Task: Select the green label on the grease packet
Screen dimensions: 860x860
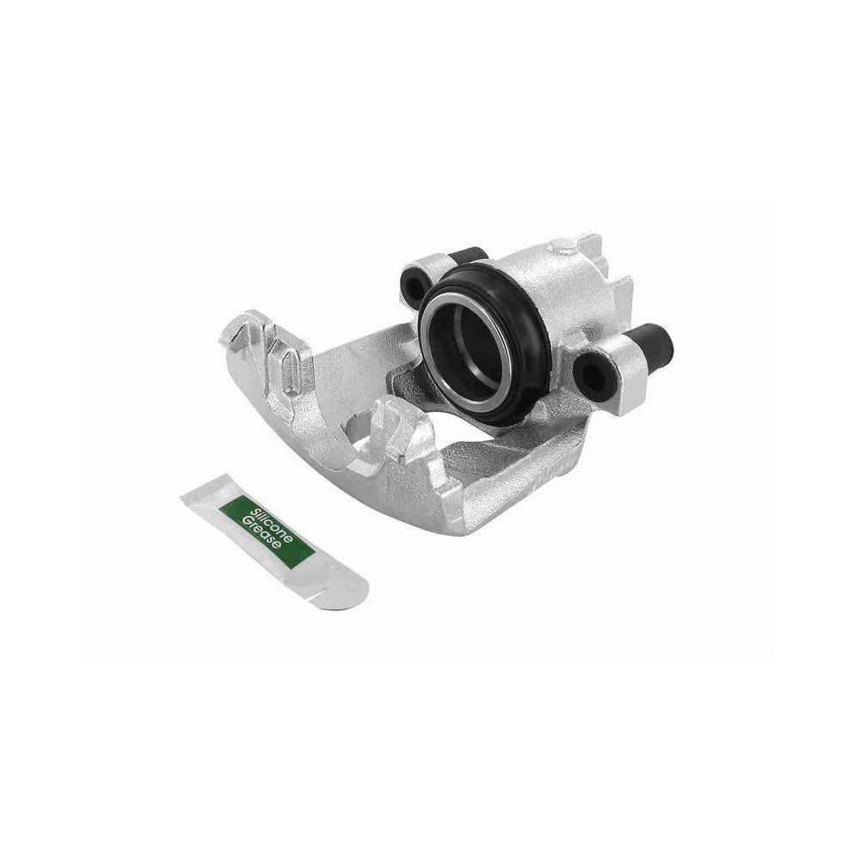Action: coord(267,531)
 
